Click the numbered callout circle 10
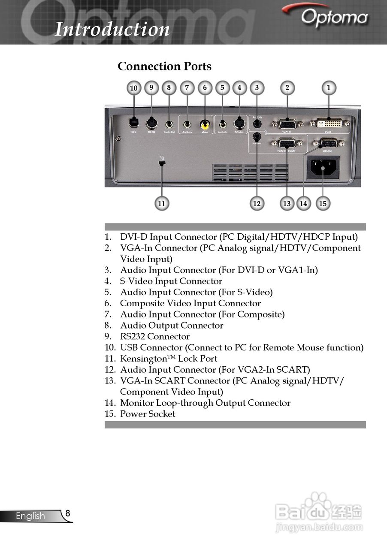pyautogui.click(x=134, y=88)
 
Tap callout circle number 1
pyautogui.click(x=329, y=87)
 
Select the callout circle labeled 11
pyautogui.click(x=161, y=204)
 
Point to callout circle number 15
pyautogui.click(x=323, y=203)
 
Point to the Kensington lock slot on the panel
pyautogui.click(x=162, y=163)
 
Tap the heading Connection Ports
pyautogui.click(x=164, y=66)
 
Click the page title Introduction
pyautogui.click(x=112, y=29)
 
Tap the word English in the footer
pyautogui.click(x=30, y=516)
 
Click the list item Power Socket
pyautogui.click(x=148, y=414)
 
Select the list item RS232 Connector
pyautogui.click(x=154, y=337)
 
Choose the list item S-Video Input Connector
pyautogui.click(x=171, y=281)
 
